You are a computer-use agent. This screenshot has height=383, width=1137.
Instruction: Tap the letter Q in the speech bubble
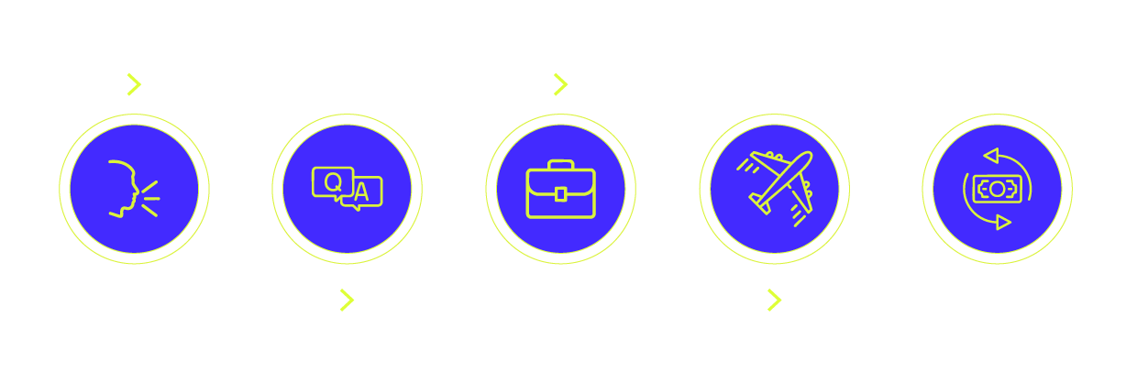tap(332, 181)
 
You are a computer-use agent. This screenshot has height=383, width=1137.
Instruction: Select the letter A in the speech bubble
tap(362, 191)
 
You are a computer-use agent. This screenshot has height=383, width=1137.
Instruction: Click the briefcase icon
tap(560, 190)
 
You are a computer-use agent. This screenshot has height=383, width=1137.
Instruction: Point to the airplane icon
tap(777, 186)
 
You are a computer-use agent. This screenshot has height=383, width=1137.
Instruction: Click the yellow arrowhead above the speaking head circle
tap(134, 85)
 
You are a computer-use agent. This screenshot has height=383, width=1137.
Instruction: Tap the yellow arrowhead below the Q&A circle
tap(347, 299)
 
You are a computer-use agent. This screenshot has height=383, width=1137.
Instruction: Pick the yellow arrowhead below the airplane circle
tap(775, 299)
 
